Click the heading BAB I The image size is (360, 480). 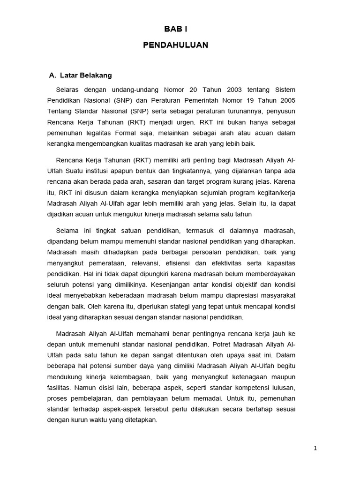click(x=175, y=29)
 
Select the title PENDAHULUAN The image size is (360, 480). click(x=175, y=45)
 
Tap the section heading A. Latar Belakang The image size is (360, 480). click(x=80, y=75)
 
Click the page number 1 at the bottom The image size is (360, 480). click(x=315, y=448)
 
